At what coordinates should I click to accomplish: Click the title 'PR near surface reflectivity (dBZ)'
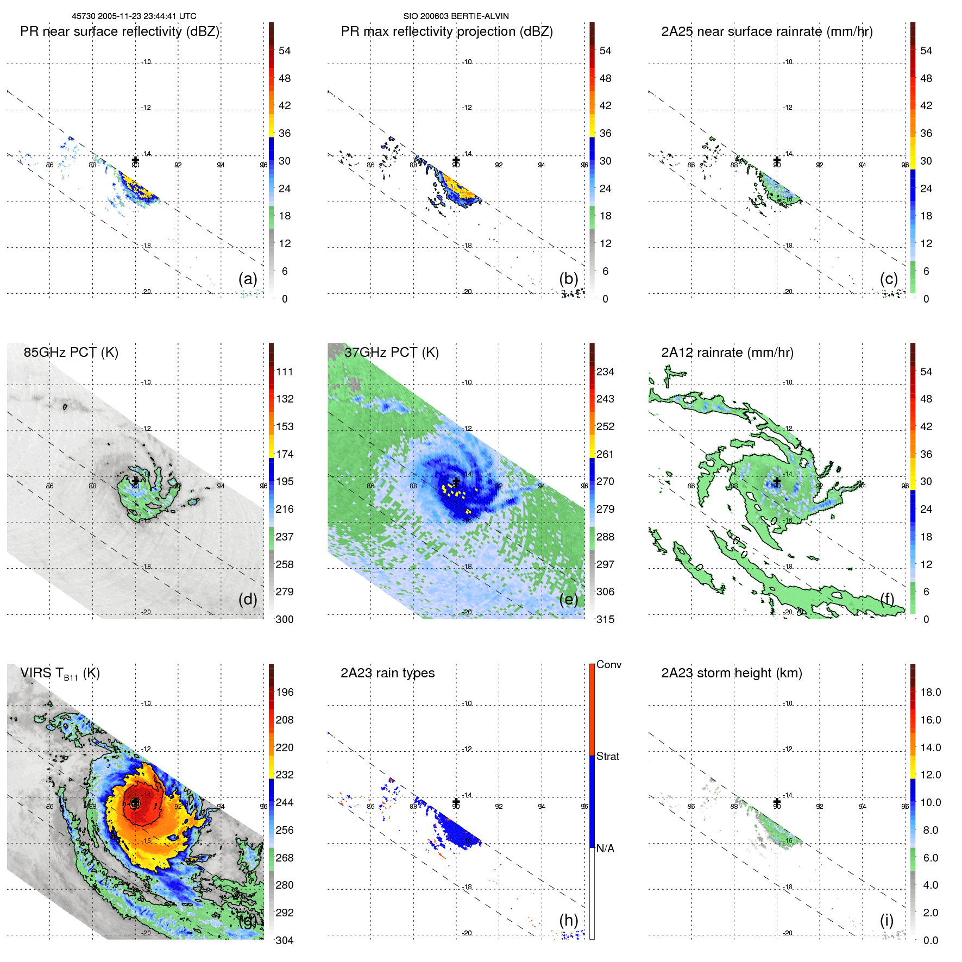[120, 32]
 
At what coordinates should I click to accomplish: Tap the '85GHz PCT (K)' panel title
[71, 353]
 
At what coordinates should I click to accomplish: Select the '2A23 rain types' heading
[387, 673]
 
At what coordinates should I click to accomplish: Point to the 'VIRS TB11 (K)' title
[60, 674]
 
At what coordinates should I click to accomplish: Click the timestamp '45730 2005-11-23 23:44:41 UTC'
[134, 16]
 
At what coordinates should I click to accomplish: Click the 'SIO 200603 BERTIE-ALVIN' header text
[456, 16]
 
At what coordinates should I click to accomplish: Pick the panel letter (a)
[248, 279]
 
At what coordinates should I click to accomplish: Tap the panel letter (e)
[569, 599]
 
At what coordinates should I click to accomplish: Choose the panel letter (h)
[569, 920]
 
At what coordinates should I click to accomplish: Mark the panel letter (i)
[886, 920]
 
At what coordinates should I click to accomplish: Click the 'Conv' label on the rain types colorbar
[609, 665]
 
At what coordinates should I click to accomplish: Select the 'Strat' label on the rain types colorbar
[608, 757]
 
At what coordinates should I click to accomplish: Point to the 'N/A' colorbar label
[606, 848]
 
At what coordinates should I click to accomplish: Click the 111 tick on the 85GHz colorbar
[285, 372]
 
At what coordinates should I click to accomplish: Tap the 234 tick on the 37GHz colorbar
[605, 372]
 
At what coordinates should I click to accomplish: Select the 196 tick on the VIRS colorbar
[285, 693]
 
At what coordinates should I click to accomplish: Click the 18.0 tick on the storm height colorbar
[930, 693]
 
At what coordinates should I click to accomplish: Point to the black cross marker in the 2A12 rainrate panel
[777, 481]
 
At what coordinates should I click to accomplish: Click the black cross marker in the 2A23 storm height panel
[777, 802]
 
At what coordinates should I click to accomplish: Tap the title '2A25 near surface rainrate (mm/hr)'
[766, 32]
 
